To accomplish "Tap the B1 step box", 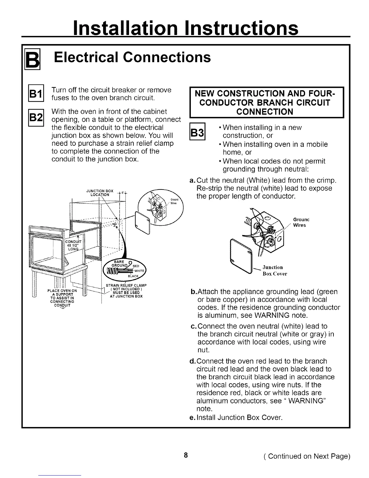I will point(37,94).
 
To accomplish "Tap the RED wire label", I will point(136,266).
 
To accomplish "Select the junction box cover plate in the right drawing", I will point(241,255).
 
